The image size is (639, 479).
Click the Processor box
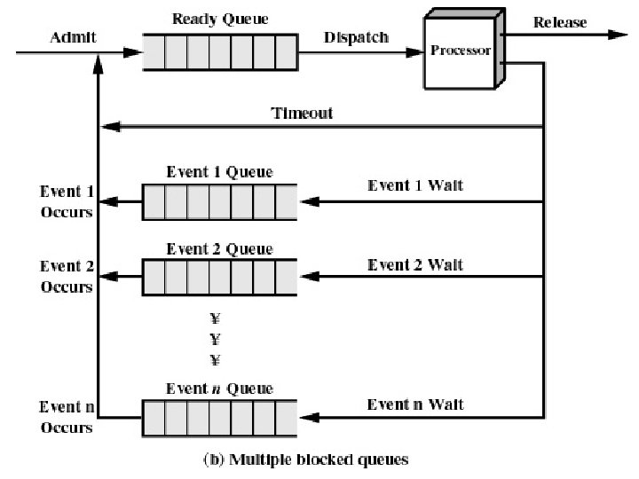click(464, 49)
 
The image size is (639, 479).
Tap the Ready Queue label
click(220, 19)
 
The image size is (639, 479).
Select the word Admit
click(73, 37)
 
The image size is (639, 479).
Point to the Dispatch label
click(356, 37)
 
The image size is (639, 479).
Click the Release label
click(560, 22)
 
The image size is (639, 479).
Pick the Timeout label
click(302, 113)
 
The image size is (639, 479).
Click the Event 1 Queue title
click(220, 172)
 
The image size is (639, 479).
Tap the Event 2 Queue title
click(220, 248)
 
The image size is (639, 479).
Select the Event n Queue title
click(220, 389)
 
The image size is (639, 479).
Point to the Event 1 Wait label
click(415, 185)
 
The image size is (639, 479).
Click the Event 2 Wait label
click(415, 264)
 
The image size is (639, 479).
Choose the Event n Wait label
click(415, 404)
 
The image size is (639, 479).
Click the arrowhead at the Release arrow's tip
click(617, 35)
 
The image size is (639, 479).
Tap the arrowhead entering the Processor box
click(414, 52)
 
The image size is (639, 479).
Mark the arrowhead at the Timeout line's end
click(111, 127)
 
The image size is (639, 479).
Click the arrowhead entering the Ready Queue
click(133, 52)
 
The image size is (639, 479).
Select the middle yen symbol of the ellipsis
click(215, 339)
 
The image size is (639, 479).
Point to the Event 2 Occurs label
click(67, 277)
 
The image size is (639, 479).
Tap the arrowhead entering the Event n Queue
click(310, 418)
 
